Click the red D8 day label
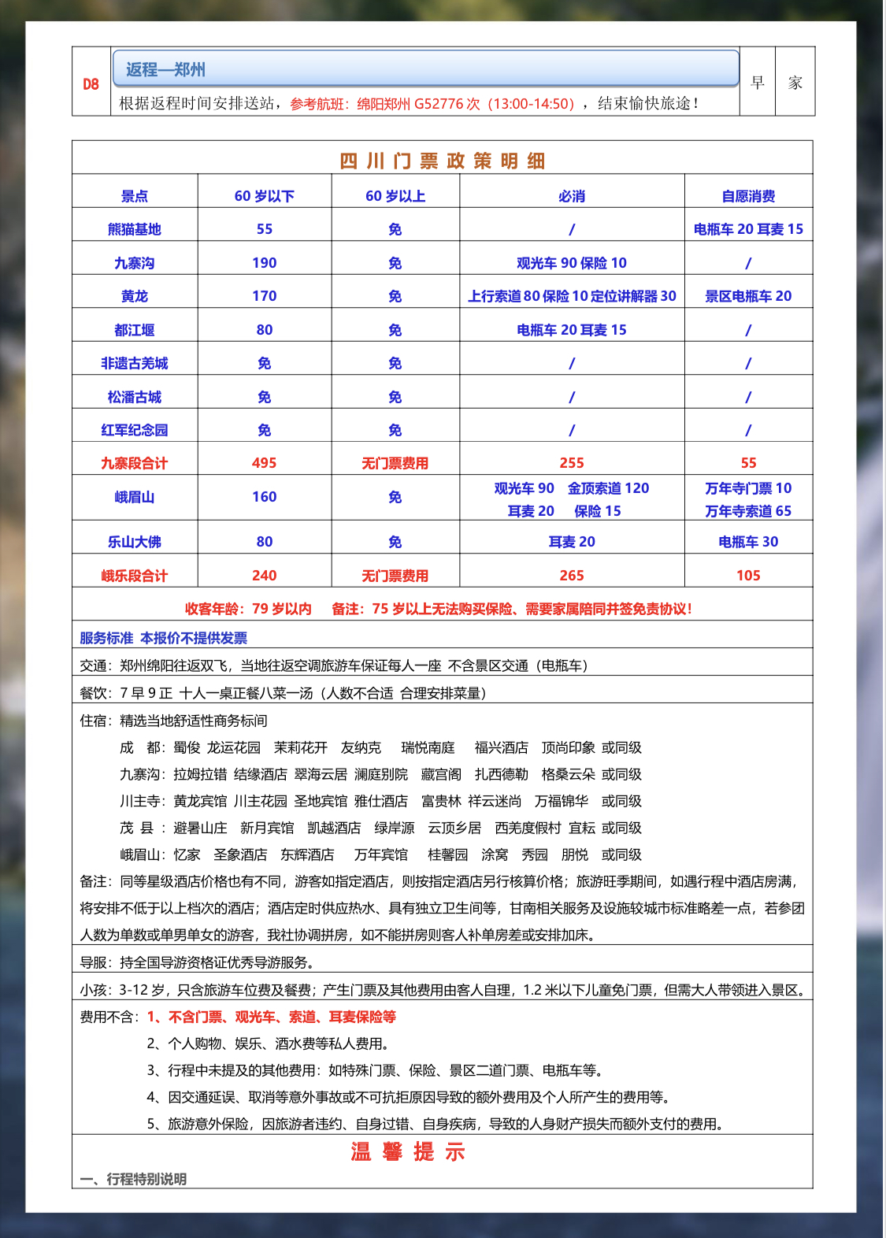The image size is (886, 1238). pos(91,84)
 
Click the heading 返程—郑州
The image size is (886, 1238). pos(165,69)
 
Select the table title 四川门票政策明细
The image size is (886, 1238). pos(442,161)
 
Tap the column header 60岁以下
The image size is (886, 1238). pos(264,196)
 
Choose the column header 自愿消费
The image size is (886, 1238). pos(747,196)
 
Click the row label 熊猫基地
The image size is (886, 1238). pos(134,229)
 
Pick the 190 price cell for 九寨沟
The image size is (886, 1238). pos(264,263)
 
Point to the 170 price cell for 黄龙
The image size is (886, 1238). pos(264,296)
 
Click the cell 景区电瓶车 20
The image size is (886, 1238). pos(747,296)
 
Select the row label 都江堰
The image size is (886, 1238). pos(134,330)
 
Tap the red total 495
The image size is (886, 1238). pos(264,463)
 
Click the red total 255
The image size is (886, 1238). pos(571,463)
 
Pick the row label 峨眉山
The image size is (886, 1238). pos(134,497)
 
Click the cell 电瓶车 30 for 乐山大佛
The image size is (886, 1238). pos(747,542)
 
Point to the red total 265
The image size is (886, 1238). pos(571,576)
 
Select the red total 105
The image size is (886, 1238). pos(747,576)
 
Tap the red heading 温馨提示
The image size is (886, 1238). pos(408,1152)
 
